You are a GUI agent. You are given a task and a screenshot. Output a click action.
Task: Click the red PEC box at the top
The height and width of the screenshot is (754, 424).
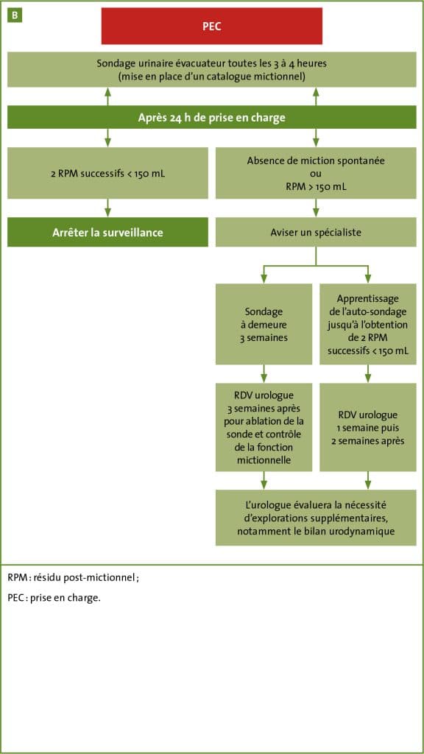tap(211, 26)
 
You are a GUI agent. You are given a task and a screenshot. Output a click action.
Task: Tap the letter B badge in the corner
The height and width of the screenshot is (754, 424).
tap(15, 15)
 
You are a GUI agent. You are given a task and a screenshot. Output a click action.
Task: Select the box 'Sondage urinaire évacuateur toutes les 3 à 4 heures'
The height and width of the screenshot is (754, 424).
tap(211, 70)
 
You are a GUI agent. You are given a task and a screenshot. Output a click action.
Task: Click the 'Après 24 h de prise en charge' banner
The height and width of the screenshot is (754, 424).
tap(211, 117)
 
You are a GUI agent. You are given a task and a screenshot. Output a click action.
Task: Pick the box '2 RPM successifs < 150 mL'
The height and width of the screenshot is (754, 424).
tap(107, 173)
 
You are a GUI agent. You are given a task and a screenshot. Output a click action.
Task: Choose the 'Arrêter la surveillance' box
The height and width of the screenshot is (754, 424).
tap(107, 232)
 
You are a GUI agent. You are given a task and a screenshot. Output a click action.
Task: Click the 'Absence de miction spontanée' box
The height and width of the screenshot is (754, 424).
tap(316, 173)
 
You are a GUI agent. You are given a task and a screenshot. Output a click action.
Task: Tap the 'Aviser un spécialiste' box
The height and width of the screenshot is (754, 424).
tap(316, 232)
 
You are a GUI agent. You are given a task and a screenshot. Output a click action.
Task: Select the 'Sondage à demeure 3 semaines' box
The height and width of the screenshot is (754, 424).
tap(264, 324)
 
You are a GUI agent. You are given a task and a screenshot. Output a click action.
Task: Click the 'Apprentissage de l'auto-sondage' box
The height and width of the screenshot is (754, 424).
tap(368, 324)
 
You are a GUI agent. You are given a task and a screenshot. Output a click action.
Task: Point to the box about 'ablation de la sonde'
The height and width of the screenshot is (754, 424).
tap(264, 427)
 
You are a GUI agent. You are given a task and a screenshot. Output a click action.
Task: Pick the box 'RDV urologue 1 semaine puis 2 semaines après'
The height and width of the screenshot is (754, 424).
tap(368, 427)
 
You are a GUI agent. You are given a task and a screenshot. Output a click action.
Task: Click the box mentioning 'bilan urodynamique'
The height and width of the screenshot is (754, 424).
tap(316, 518)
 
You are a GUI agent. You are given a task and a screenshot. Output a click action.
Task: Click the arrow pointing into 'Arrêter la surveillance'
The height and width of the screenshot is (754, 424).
tap(107, 208)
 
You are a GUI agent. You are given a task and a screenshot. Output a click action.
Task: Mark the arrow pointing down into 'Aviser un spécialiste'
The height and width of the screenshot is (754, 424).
tap(316, 208)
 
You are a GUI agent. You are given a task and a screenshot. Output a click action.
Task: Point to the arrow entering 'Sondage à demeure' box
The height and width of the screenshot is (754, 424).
tap(264, 274)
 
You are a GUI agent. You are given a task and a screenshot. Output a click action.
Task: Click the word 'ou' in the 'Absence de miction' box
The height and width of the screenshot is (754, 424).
tap(316, 173)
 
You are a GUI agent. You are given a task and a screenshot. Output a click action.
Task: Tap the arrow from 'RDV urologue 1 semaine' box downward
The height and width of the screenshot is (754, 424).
tap(368, 480)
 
